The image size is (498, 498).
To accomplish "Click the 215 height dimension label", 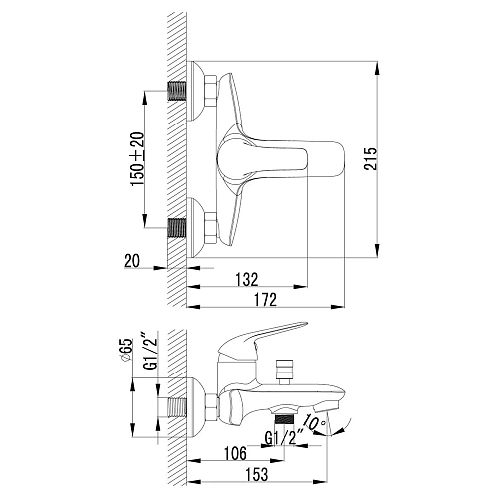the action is tap(371, 159).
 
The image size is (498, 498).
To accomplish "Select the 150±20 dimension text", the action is tap(138, 159).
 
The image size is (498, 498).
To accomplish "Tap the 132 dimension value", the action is tap(247, 280).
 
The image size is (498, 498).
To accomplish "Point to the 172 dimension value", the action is tap(265, 300).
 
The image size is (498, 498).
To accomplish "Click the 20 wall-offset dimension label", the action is tap(132, 261).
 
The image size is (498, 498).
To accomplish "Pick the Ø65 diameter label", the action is tap(127, 351).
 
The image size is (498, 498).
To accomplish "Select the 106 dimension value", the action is tap(235, 453).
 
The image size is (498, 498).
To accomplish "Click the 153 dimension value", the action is tap(257, 474).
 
